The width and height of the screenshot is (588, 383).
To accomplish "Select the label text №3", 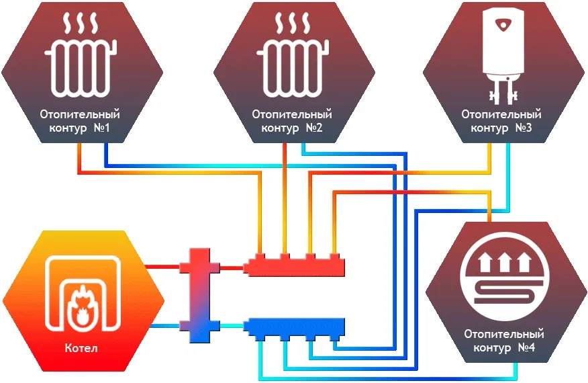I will coord(524,128).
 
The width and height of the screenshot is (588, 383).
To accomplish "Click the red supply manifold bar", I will coord(295,265).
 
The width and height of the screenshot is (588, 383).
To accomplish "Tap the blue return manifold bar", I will coord(295,327).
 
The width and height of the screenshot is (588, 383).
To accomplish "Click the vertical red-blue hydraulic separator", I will coord(200,296).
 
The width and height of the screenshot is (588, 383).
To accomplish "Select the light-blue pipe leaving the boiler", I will coord(164,327).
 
